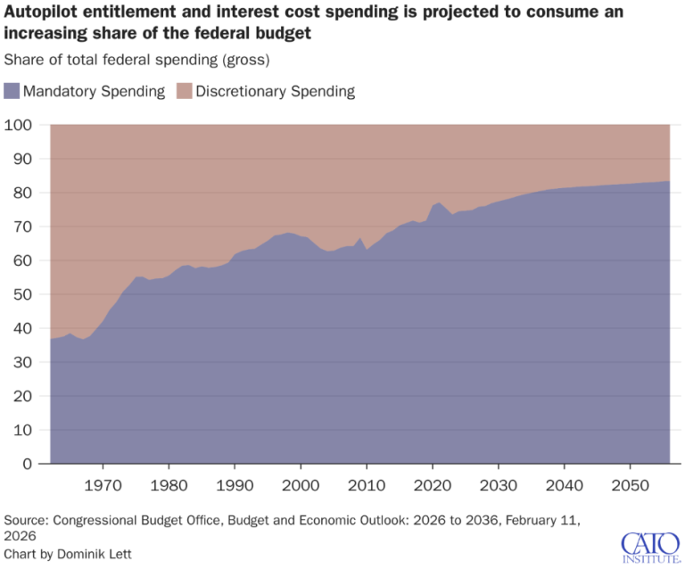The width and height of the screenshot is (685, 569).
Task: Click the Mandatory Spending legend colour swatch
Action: click(x=12, y=91)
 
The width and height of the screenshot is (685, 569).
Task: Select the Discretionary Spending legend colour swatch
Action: click(x=185, y=91)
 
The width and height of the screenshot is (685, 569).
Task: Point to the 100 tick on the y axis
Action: click(x=18, y=125)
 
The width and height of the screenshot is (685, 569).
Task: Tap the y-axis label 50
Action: click(x=22, y=294)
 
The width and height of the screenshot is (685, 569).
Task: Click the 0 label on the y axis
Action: click(x=28, y=464)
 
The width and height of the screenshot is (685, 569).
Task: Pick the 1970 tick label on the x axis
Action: click(x=103, y=485)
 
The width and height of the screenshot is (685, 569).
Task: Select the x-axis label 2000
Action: click(x=301, y=485)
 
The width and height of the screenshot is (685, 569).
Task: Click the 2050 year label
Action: click(x=630, y=485)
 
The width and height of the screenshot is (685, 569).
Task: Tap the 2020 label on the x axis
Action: click(x=433, y=485)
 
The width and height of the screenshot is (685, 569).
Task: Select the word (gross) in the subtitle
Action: click(x=246, y=60)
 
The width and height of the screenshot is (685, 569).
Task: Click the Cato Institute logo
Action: click(x=651, y=548)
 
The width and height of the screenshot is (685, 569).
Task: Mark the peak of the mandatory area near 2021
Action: click(x=439, y=202)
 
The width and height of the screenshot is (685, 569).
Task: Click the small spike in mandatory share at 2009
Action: click(x=360, y=238)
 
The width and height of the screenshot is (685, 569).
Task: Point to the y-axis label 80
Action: click(x=22, y=193)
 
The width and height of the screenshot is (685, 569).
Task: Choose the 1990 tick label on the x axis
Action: click(x=235, y=485)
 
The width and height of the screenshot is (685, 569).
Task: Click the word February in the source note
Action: click(x=527, y=521)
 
